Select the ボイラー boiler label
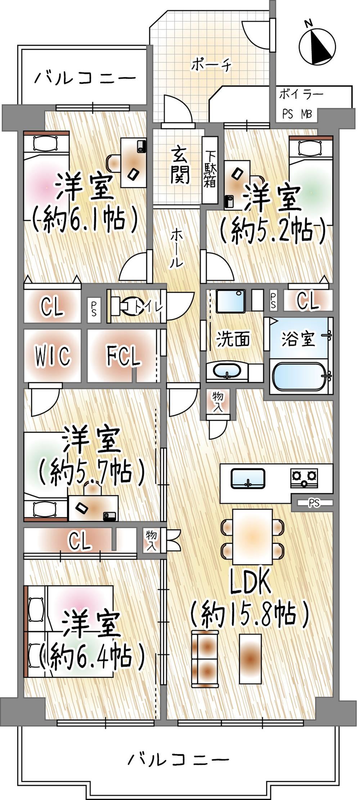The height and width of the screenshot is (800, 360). [x=301, y=94]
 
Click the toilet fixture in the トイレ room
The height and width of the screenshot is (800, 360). [x=125, y=307]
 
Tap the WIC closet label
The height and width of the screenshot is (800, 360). [x=52, y=356]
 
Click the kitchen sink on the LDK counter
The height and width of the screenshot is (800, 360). [x=248, y=479]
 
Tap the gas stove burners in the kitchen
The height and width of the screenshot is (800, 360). [x=305, y=478]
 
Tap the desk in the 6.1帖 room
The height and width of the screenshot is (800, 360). [x=134, y=162]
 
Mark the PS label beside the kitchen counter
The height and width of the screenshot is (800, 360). [x=314, y=502]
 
